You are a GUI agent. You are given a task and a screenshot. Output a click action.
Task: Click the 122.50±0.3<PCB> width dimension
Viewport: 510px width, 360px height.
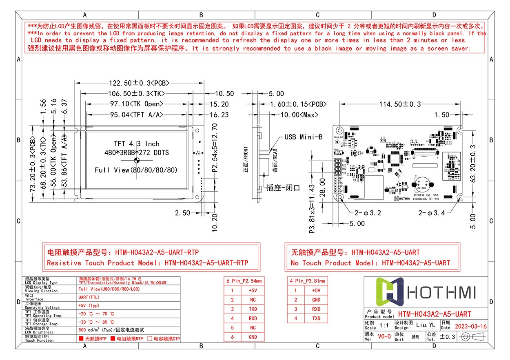140,82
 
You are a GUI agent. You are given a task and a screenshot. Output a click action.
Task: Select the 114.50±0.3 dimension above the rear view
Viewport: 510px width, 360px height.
400,104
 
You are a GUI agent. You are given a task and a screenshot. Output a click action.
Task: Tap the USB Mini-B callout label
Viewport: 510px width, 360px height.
304,137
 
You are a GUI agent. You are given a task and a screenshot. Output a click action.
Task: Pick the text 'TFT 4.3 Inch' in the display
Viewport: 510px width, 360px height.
136,144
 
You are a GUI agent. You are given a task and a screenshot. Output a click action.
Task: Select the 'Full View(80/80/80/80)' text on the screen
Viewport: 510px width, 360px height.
136,170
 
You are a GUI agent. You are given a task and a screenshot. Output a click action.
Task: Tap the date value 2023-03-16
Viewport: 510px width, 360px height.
470,327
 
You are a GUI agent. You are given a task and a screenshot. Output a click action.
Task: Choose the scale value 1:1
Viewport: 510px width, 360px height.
384,326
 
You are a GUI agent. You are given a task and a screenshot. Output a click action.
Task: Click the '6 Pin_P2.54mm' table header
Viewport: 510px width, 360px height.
244,281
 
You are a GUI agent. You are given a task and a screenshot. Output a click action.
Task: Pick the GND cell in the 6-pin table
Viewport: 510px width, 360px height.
253,337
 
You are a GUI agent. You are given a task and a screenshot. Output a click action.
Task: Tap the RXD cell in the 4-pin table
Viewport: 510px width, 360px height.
316,309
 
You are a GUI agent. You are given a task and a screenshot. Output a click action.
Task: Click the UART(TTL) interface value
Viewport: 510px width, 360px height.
89,297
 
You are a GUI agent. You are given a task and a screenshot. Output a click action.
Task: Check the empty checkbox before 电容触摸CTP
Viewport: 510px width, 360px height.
150,339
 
